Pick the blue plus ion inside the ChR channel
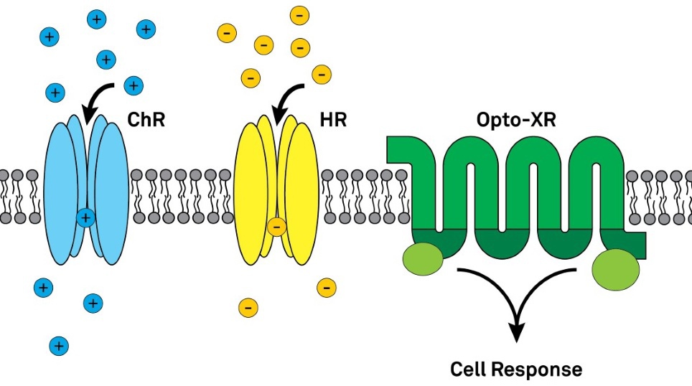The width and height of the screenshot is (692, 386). pos(85,217)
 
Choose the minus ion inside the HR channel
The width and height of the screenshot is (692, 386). pos(276,227)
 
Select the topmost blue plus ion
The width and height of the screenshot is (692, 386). pos(95,19)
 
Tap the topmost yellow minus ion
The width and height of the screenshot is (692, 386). pos(299,14)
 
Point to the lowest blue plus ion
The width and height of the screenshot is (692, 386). pos(59,347)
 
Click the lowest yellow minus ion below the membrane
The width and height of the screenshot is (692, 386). pos(248,307)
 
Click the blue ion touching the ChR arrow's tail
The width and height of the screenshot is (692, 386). pos(133,85)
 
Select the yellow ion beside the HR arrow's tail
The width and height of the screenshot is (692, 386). pos(320,73)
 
